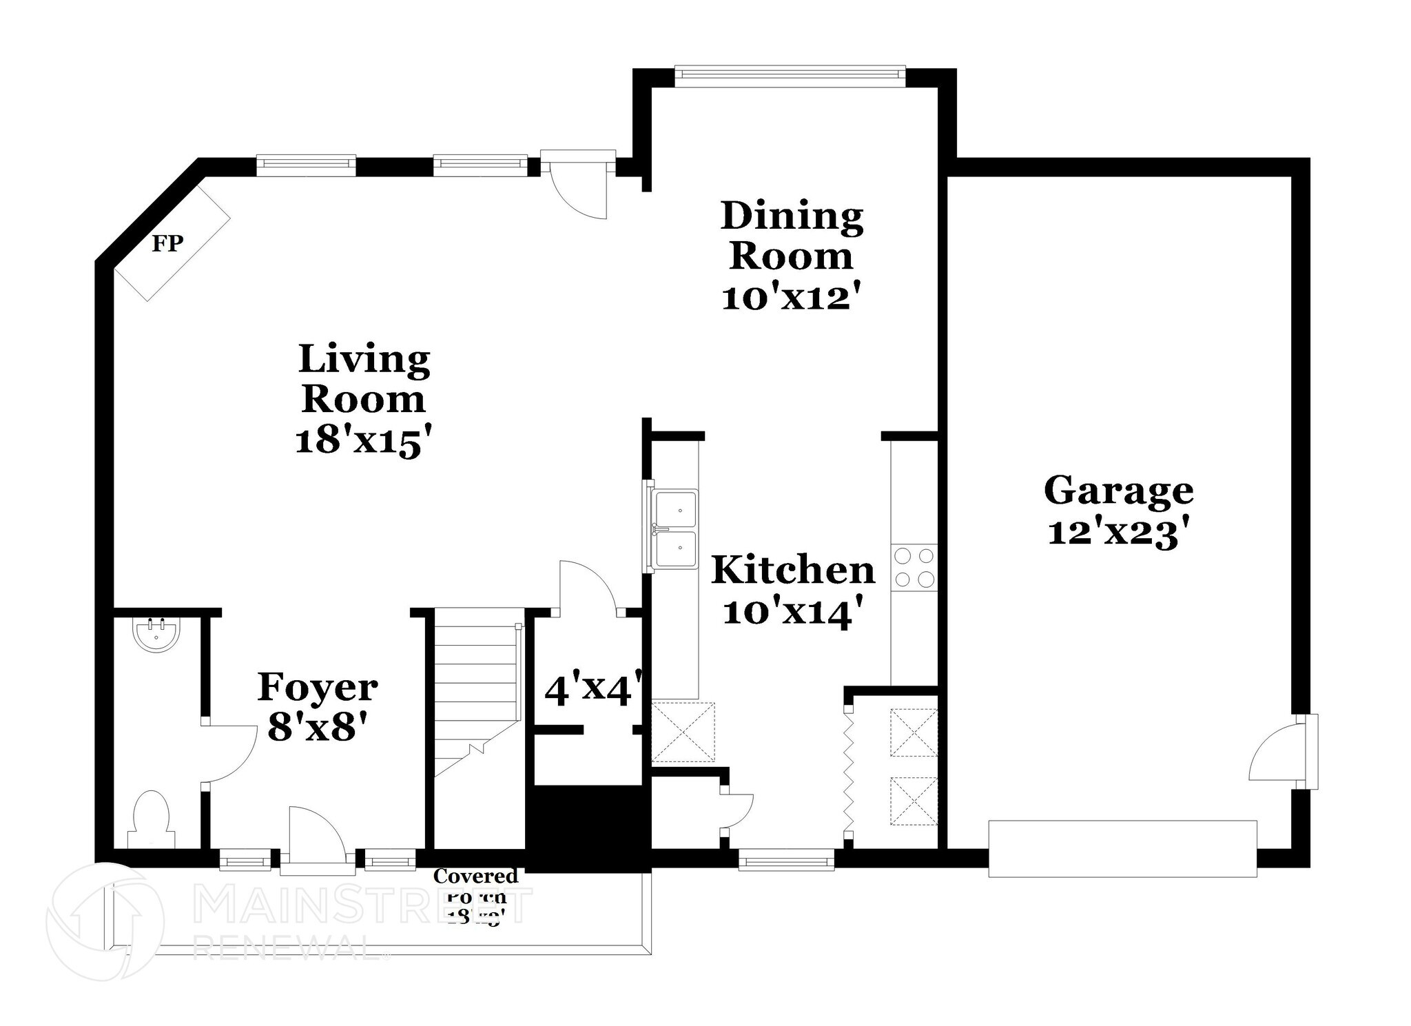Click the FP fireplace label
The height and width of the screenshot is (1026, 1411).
point(167,244)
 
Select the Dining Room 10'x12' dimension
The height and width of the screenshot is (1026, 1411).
point(792,298)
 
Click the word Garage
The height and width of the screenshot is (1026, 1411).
point(1118,491)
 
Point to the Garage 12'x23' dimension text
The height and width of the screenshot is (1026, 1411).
point(1119,533)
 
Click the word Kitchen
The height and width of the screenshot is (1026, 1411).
point(792,571)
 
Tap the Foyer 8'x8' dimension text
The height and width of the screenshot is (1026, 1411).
point(316,728)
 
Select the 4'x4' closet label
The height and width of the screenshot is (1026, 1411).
point(593,690)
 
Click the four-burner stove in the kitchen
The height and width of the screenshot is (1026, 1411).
point(914,567)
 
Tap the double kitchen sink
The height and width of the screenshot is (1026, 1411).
point(676,529)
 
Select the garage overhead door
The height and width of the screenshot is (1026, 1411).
point(1122,848)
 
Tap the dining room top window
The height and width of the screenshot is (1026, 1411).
point(790,76)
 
